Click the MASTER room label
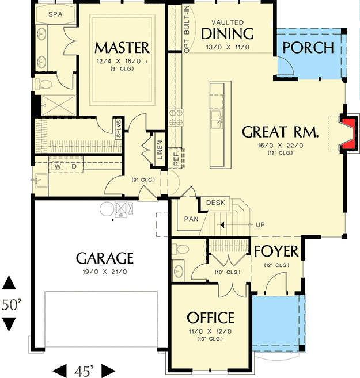coord(122,47)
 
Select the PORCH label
coord(308,47)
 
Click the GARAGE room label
coord(105,258)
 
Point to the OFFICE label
coord(210,318)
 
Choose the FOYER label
coord(276,251)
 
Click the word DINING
coord(228,34)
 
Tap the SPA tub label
coord(55,13)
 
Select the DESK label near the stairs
coord(214,203)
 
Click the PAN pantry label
coord(191,219)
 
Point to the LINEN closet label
coord(160,151)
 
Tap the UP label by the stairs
coord(260,224)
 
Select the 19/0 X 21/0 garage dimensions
coord(105,272)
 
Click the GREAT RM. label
coord(280,132)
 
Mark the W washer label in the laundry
coord(58,166)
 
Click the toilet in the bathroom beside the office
coord(180,250)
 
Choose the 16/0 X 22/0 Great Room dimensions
coord(280,146)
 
